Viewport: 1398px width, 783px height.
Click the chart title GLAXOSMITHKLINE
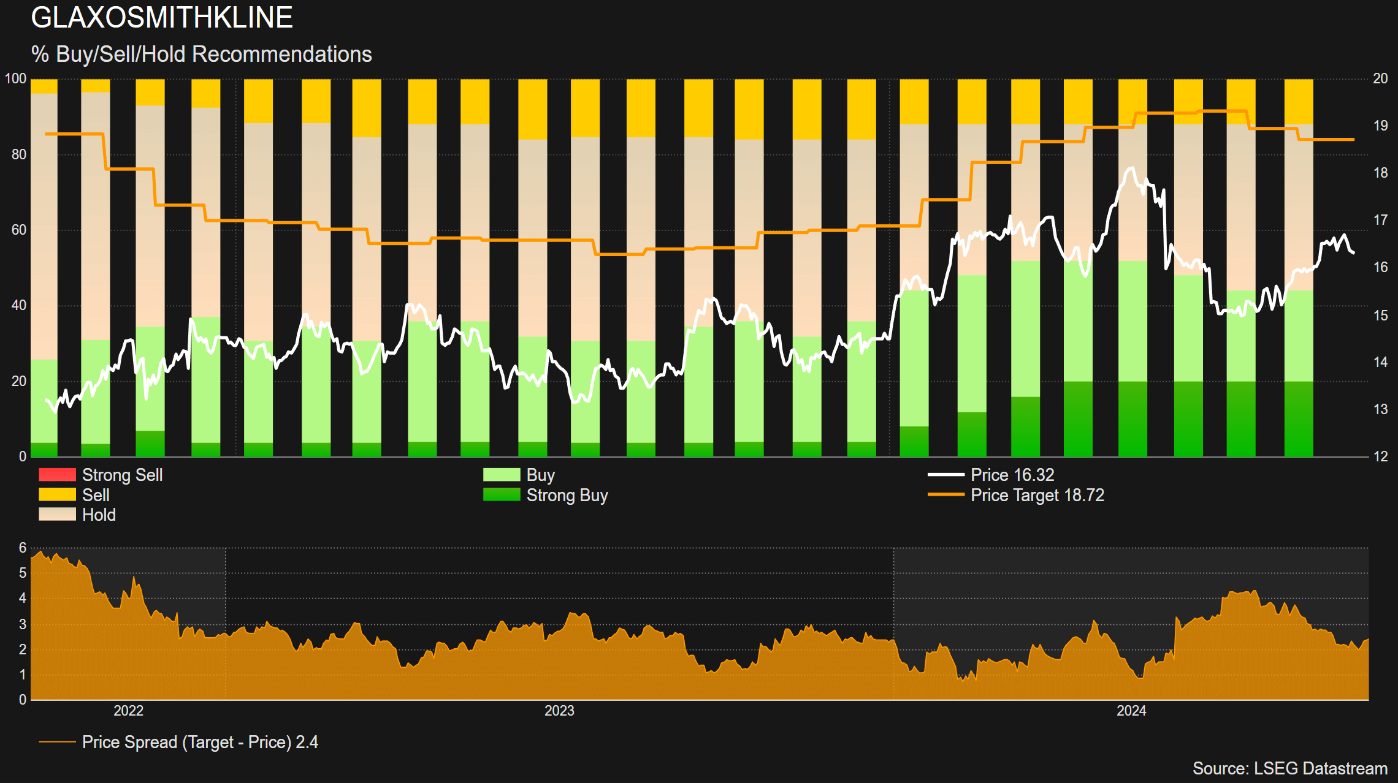162,18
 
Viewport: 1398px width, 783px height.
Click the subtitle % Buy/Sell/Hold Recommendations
202,55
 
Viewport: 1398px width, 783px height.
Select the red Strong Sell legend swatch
57,475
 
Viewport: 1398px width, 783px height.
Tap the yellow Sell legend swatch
57,494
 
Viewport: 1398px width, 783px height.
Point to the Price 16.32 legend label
1012,475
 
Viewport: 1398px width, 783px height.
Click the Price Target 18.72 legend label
1037,495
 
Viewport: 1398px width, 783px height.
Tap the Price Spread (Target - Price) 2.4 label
200,742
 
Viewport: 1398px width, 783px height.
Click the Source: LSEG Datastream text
1289,768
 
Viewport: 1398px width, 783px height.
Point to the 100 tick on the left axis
16,78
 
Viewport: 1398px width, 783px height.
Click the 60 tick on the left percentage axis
19,230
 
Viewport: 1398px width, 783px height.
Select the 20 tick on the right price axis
1380,78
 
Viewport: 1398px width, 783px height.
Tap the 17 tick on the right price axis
1380,220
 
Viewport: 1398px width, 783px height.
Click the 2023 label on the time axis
559,711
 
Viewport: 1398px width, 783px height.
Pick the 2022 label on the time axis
129,711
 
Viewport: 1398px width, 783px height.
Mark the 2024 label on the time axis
1131,711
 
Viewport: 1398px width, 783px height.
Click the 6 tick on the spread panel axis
23,548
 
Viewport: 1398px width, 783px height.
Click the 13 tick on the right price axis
1380,409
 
